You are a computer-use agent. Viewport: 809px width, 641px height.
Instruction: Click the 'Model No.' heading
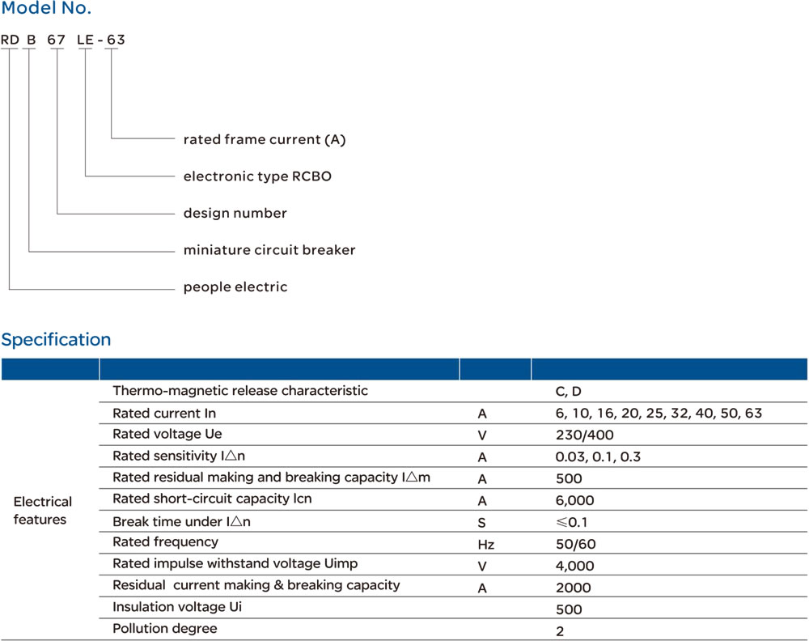coord(46,11)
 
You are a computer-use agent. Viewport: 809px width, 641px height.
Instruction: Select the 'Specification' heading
coord(56,340)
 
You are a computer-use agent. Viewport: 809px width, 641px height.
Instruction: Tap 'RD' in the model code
coord(10,39)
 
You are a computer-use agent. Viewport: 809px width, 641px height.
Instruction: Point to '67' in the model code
coord(57,39)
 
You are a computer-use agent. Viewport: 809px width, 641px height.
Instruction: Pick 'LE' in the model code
coord(85,39)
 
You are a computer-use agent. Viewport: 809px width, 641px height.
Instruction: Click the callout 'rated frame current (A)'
coord(265,140)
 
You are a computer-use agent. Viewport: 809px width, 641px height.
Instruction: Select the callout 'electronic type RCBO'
coord(257,176)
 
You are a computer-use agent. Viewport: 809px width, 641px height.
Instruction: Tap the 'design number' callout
coord(235,214)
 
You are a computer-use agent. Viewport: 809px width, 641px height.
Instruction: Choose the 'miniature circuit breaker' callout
coord(269,250)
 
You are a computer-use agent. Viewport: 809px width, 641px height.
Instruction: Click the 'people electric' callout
coord(235,287)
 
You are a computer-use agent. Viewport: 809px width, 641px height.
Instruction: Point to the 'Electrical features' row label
coord(42,511)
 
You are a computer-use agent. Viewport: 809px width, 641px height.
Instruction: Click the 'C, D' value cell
coord(568,392)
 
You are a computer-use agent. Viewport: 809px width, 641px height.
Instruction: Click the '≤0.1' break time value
coord(571,523)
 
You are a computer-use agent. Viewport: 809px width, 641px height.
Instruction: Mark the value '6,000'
coord(574,501)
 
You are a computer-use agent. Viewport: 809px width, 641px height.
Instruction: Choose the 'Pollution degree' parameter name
coord(165,629)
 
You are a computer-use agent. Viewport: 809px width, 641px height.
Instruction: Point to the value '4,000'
coord(574,567)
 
